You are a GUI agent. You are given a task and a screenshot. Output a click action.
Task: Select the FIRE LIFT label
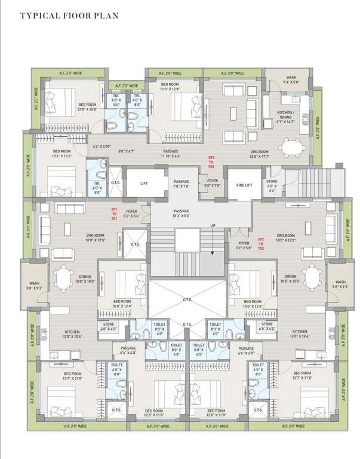coord(245,185)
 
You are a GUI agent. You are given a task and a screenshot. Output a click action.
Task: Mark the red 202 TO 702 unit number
coord(261,243)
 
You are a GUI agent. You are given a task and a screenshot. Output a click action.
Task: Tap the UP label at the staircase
coord(213,225)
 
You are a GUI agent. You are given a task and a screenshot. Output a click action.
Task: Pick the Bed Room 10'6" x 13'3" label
coord(63,154)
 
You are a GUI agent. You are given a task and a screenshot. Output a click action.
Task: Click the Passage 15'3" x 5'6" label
coord(181,214)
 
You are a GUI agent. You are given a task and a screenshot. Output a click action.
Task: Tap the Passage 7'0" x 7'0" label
coord(181,183)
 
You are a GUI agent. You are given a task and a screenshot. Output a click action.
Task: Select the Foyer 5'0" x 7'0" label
coord(213,183)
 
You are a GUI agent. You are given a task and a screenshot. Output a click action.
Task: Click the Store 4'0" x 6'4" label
coord(272,185)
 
